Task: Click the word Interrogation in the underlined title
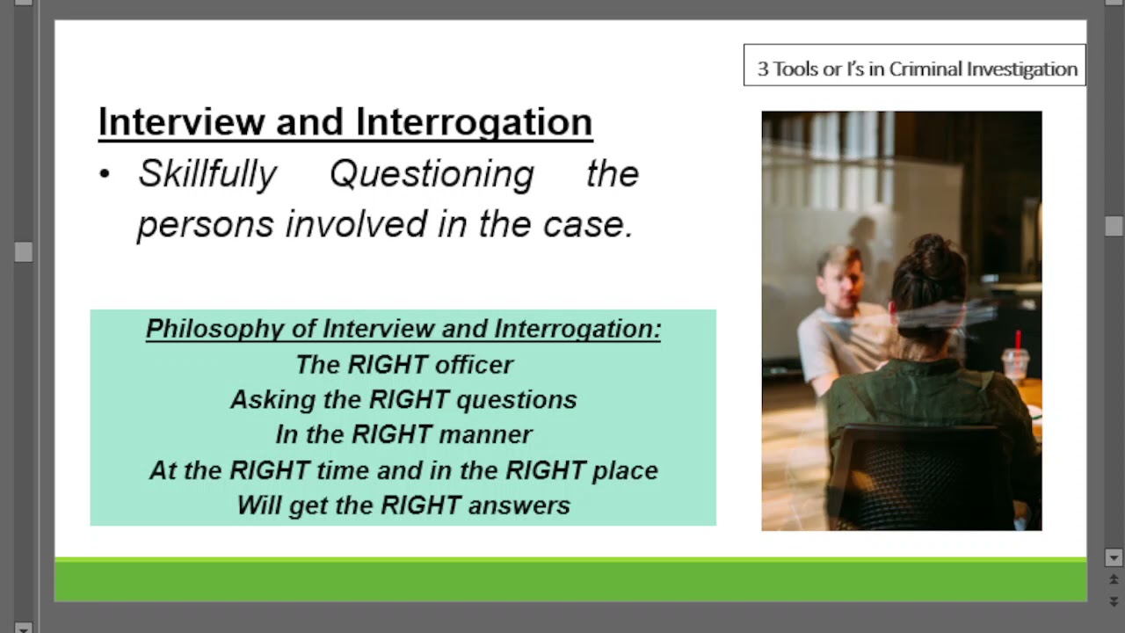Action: click(x=474, y=122)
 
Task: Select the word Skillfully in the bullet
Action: click(x=207, y=174)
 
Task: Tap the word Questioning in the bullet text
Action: click(x=432, y=174)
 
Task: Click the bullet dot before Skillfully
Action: click(x=105, y=174)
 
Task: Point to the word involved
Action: click(x=357, y=223)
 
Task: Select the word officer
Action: click(x=474, y=364)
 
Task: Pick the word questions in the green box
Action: click(x=517, y=400)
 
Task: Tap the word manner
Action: click(x=485, y=434)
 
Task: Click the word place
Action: click(x=625, y=470)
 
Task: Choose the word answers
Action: click(x=519, y=506)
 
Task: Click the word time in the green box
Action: click(x=343, y=470)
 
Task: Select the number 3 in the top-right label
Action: click(x=763, y=69)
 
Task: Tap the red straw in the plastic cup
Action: click(x=1018, y=342)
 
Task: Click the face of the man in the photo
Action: click(x=841, y=284)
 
